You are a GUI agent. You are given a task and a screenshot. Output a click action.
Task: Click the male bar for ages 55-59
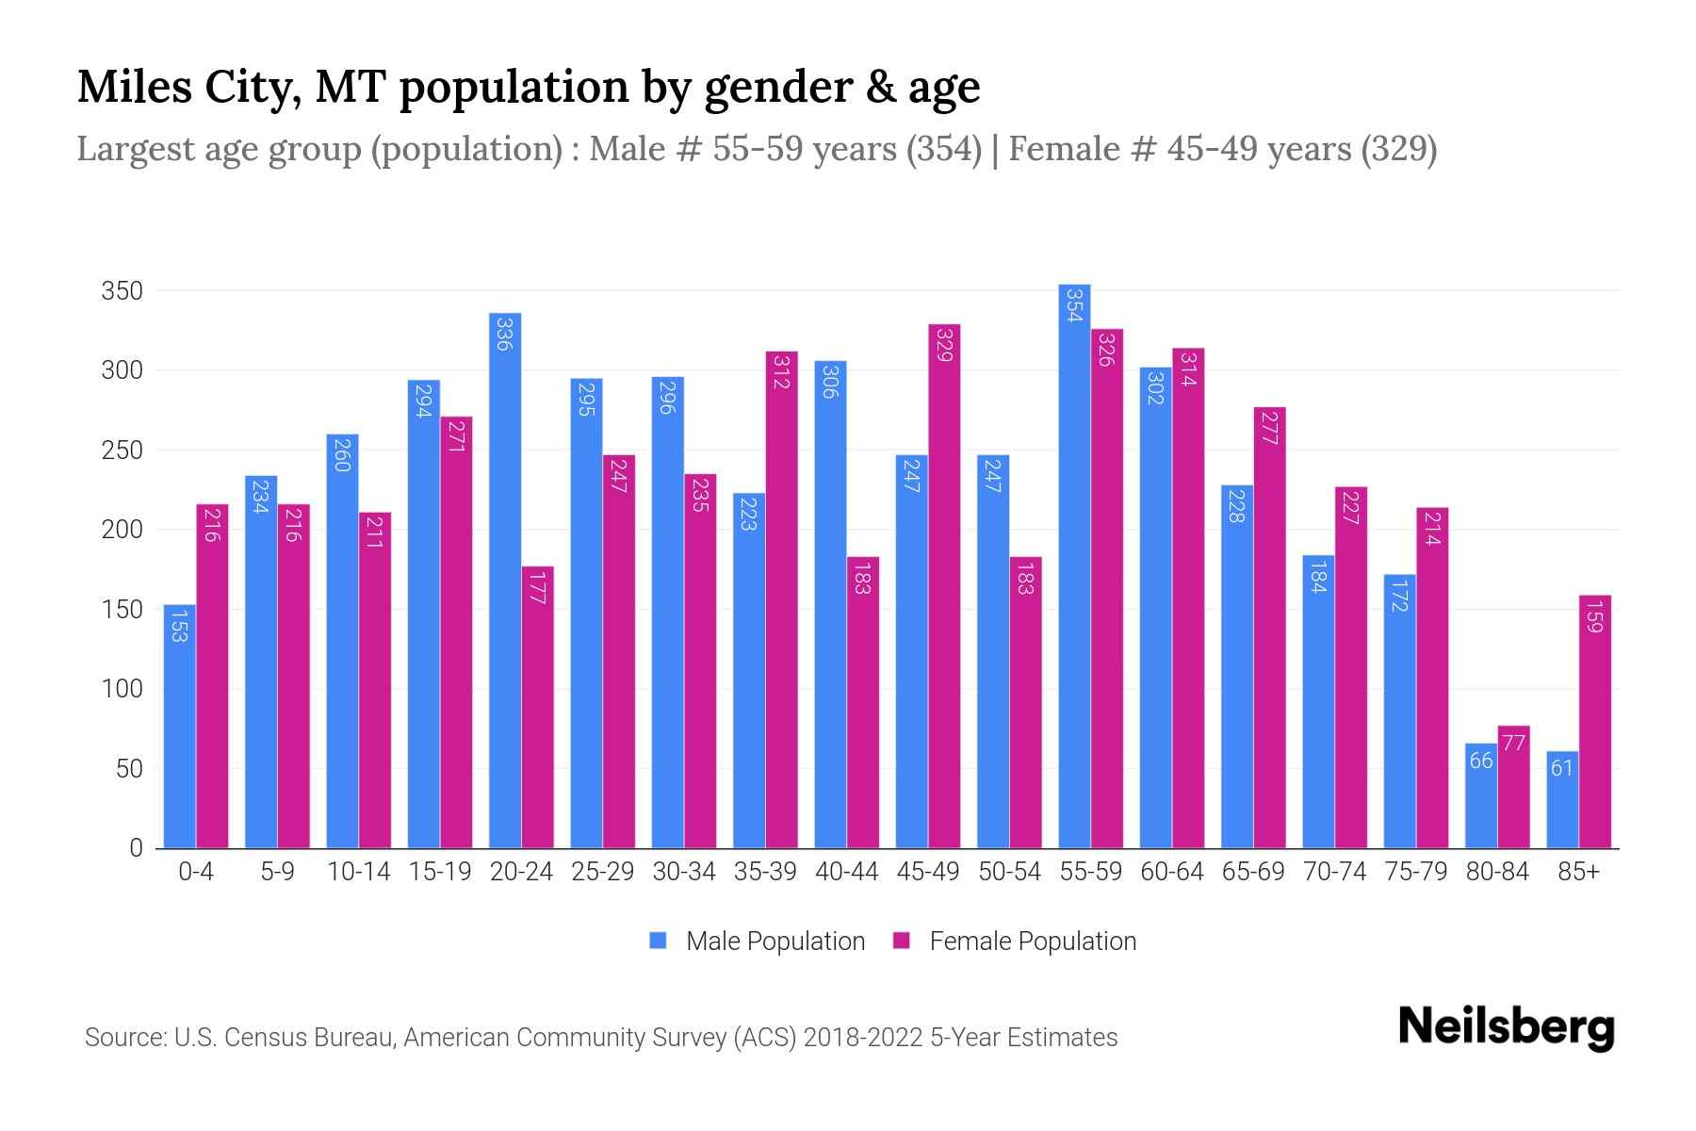tap(1074, 565)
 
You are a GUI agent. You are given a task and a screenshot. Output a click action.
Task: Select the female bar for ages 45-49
tap(944, 584)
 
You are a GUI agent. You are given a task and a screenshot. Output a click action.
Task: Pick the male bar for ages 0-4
tap(179, 726)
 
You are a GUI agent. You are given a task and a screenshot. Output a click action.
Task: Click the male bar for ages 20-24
tap(505, 580)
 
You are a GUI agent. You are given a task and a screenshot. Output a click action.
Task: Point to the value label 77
tap(1513, 743)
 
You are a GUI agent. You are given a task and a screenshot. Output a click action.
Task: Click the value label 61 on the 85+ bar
tap(1561, 768)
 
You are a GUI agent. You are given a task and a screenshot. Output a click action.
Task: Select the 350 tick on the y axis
tap(122, 291)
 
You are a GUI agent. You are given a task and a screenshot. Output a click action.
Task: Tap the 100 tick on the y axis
tap(122, 689)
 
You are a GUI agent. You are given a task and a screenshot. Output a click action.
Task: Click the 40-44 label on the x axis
tap(846, 872)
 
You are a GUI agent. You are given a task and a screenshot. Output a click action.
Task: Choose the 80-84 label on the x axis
tap(1497, 872)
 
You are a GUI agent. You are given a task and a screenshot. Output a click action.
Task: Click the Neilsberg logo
tap(1506, 1027)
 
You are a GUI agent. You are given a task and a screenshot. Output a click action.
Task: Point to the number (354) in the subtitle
tap(943, 149)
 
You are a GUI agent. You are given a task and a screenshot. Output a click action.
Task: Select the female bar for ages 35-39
tap(781, 599)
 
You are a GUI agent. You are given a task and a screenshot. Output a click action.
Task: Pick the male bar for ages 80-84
tap(1480, 795)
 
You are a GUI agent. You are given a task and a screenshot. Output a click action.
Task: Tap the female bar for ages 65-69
tap(1269, 628)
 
